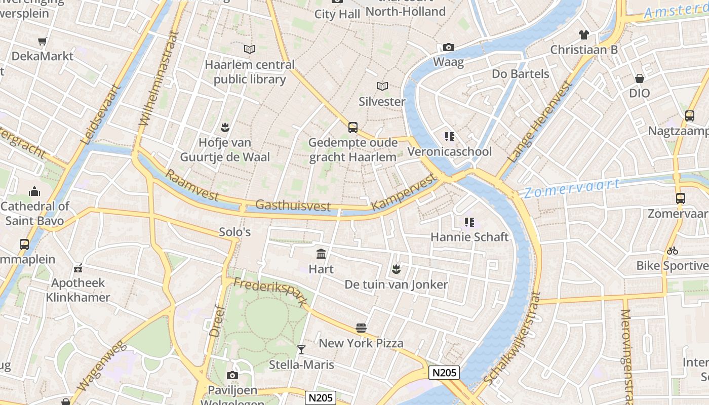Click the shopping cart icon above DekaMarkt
[43, 41]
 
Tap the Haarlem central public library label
[249, 72]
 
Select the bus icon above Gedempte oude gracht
[353, 128]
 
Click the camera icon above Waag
[448, 47]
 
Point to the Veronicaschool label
[449, 151]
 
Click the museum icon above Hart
[321, 254]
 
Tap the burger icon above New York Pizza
[361, 328]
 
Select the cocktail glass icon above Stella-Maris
[301, 349]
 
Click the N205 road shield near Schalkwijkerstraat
[444, 373]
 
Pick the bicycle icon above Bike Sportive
[673, 251]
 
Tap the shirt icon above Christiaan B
[584, 35]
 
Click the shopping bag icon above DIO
[639, 78]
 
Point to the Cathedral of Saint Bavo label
[34, 213]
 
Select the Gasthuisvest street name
[293, 205]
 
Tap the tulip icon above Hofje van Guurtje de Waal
[225, 127]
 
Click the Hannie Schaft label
[469, 237]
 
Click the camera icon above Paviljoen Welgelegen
[232, 375]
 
